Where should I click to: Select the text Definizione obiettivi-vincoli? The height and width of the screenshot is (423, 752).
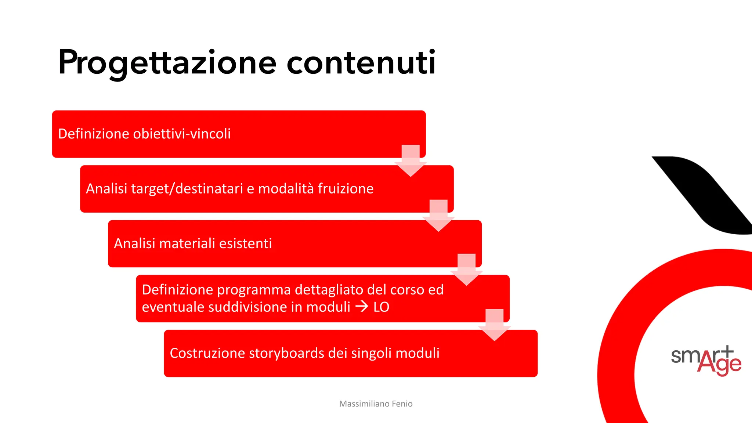point(144,134)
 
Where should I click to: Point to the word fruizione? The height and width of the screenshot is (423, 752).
point(346,189)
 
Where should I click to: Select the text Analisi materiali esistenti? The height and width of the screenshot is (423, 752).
point(193,243)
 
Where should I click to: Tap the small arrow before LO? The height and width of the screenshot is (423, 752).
point(362,307)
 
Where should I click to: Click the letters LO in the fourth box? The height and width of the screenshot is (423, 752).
point(381,307)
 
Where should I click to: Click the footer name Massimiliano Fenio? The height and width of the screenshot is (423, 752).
point(376,404)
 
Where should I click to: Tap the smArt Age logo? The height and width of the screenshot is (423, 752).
point(706,360)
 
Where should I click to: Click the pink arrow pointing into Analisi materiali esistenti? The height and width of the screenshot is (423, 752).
point(438,215)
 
